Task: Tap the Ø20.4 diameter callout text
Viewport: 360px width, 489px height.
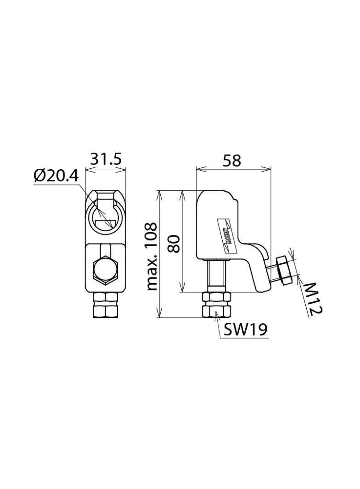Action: [x=56, y=176]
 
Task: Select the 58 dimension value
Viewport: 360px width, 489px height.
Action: [x=232, y=161]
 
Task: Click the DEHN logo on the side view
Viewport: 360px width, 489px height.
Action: [x=228, y=234]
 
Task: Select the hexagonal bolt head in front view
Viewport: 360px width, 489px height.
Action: [x=105, y=270]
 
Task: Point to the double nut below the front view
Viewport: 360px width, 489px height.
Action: [x=105, y=305]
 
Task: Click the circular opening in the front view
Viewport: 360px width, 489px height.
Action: [x=106, y=216]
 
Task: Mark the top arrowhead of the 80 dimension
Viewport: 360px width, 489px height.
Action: [x=182, y=193]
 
